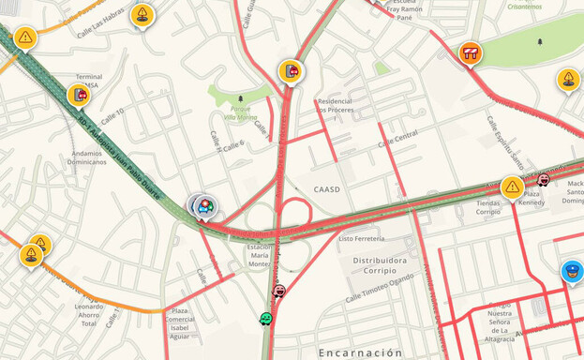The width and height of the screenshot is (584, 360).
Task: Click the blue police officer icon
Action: (572, 271)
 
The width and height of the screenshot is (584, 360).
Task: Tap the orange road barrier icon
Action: (471, 53)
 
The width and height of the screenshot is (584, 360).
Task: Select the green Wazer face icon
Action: (266, 320)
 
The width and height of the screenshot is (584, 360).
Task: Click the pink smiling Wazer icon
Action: (278, 292)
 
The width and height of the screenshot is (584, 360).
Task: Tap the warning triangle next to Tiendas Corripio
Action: (512, 187)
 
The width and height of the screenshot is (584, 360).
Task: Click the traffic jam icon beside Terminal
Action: (80, 94)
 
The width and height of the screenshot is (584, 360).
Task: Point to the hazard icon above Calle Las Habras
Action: (142, 14)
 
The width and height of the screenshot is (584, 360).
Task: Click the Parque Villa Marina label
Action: (242, 112)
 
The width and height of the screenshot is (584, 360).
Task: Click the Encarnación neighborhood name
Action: (361, 352)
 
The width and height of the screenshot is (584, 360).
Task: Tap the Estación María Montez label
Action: (259, 255)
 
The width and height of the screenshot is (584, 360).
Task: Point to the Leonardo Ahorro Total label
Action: (90, 316)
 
